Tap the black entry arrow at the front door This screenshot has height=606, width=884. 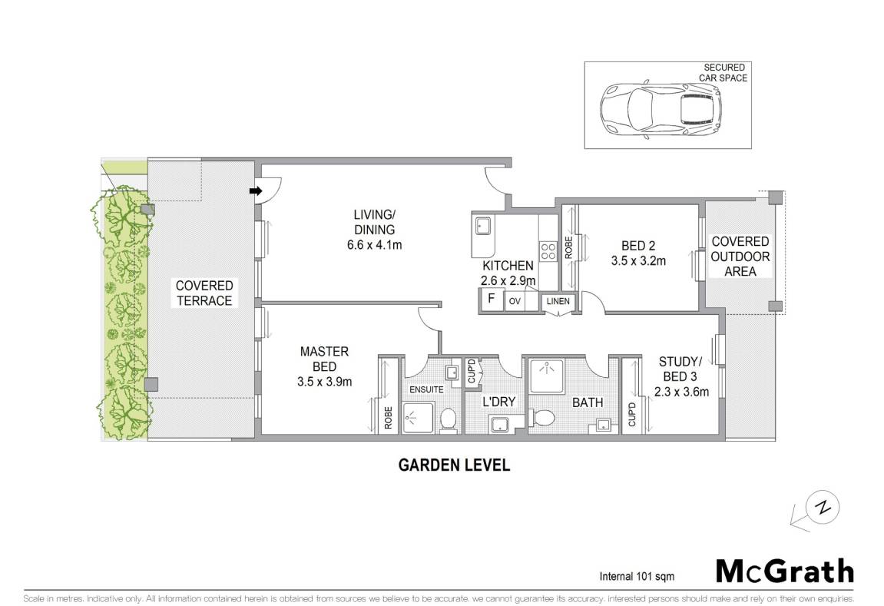click(x=256, y=191)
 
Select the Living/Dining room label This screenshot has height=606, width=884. click(x=374, y=222)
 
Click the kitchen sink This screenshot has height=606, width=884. click(x=482, y=226)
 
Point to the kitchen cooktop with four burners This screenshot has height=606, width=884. click(x=548, y=251)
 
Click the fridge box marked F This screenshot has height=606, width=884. click(x=491, y=299)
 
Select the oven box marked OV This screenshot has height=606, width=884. click(x=515, y=301)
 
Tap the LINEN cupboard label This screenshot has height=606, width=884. click(x=558, y=301)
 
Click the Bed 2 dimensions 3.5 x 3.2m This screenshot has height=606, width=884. click(x=638, y=261)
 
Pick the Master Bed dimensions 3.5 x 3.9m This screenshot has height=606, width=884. click(x=324, y=382)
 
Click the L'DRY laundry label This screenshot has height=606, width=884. click(x=499, y=402)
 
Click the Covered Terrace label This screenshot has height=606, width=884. click(x=204, y=293)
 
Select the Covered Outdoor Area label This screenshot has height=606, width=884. click(x=740, y=257)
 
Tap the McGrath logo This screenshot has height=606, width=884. click(x=784, y=571)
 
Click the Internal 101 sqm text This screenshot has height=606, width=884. click(x=637, y=576)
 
